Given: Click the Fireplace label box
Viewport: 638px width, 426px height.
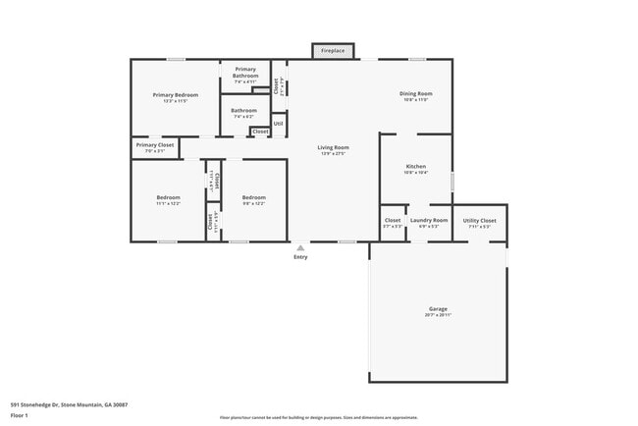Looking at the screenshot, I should tap(333, 49).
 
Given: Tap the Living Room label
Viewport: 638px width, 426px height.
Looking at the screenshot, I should tap(333, 147).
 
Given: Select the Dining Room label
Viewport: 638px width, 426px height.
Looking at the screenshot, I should tap(415, 93).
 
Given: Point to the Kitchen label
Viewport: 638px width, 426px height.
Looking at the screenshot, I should tap(416, 167).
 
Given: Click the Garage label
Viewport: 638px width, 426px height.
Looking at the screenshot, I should tap(438, 308).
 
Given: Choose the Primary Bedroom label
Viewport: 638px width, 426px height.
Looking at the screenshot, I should tap(176, 94).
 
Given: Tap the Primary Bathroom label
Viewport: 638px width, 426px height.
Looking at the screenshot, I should tap(244, 72).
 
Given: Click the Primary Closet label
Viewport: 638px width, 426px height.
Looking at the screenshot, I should tap(154, 145).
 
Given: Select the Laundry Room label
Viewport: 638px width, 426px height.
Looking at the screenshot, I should tap(429, 220).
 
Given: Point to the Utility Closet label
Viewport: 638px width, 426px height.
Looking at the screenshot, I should tap(479, 220).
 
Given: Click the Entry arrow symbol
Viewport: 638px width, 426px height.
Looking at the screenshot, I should tap(300, 248).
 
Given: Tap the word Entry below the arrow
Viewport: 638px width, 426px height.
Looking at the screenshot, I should tap(300, 257).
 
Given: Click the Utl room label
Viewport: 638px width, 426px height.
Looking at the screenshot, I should tap(279, 124).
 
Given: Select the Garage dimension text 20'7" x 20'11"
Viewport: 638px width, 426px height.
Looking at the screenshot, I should tap(438, 315).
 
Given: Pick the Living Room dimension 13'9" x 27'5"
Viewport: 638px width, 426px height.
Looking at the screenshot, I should tap(333, 154).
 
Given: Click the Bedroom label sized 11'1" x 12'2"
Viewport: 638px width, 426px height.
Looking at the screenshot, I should tap(168, 197).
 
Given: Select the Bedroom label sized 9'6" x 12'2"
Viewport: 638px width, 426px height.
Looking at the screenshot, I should tap(254, 197).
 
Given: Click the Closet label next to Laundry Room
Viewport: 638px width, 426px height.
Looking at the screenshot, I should tap(393, 220).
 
